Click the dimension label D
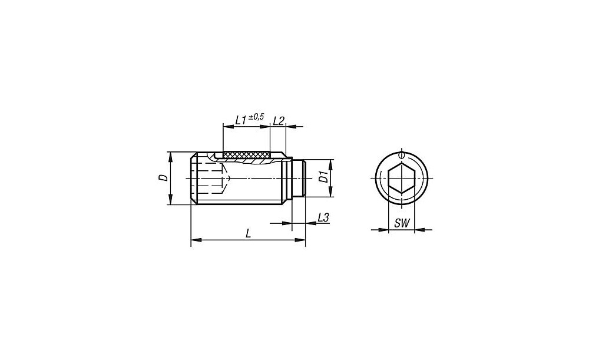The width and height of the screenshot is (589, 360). (163, 178)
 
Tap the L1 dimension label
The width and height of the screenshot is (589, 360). (240, 120)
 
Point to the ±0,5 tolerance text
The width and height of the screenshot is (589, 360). (256, 117)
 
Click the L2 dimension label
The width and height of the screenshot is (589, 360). (279, 121)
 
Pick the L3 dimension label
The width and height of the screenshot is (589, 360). (323, 217)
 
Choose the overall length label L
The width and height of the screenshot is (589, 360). (248, 234)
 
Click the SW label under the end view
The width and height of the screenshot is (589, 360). (402, 223)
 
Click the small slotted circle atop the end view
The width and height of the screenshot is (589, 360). (402, 154)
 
